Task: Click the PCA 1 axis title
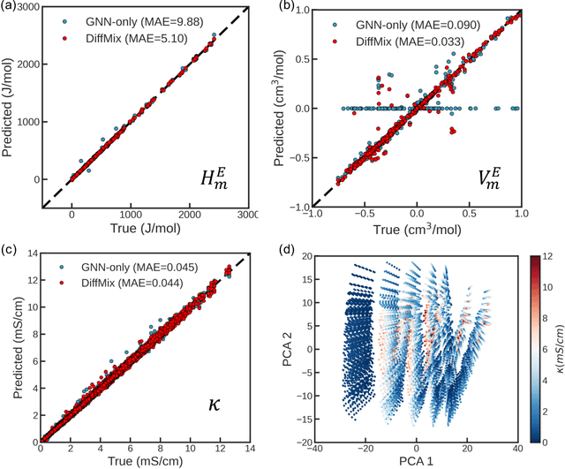pos(418,460)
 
